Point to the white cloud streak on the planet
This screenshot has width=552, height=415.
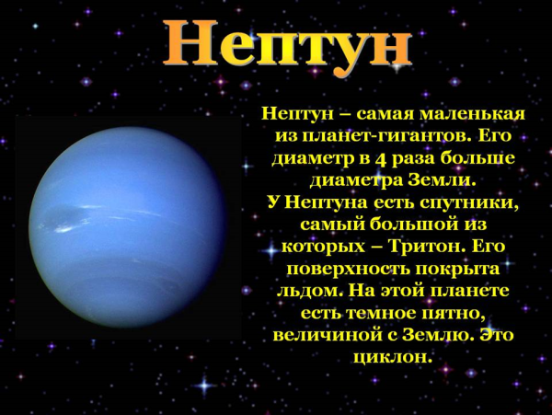point(79,221)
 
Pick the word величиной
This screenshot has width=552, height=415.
point(321,336)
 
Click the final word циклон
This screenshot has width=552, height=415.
point(392,357)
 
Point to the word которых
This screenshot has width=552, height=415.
point(322,247)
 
